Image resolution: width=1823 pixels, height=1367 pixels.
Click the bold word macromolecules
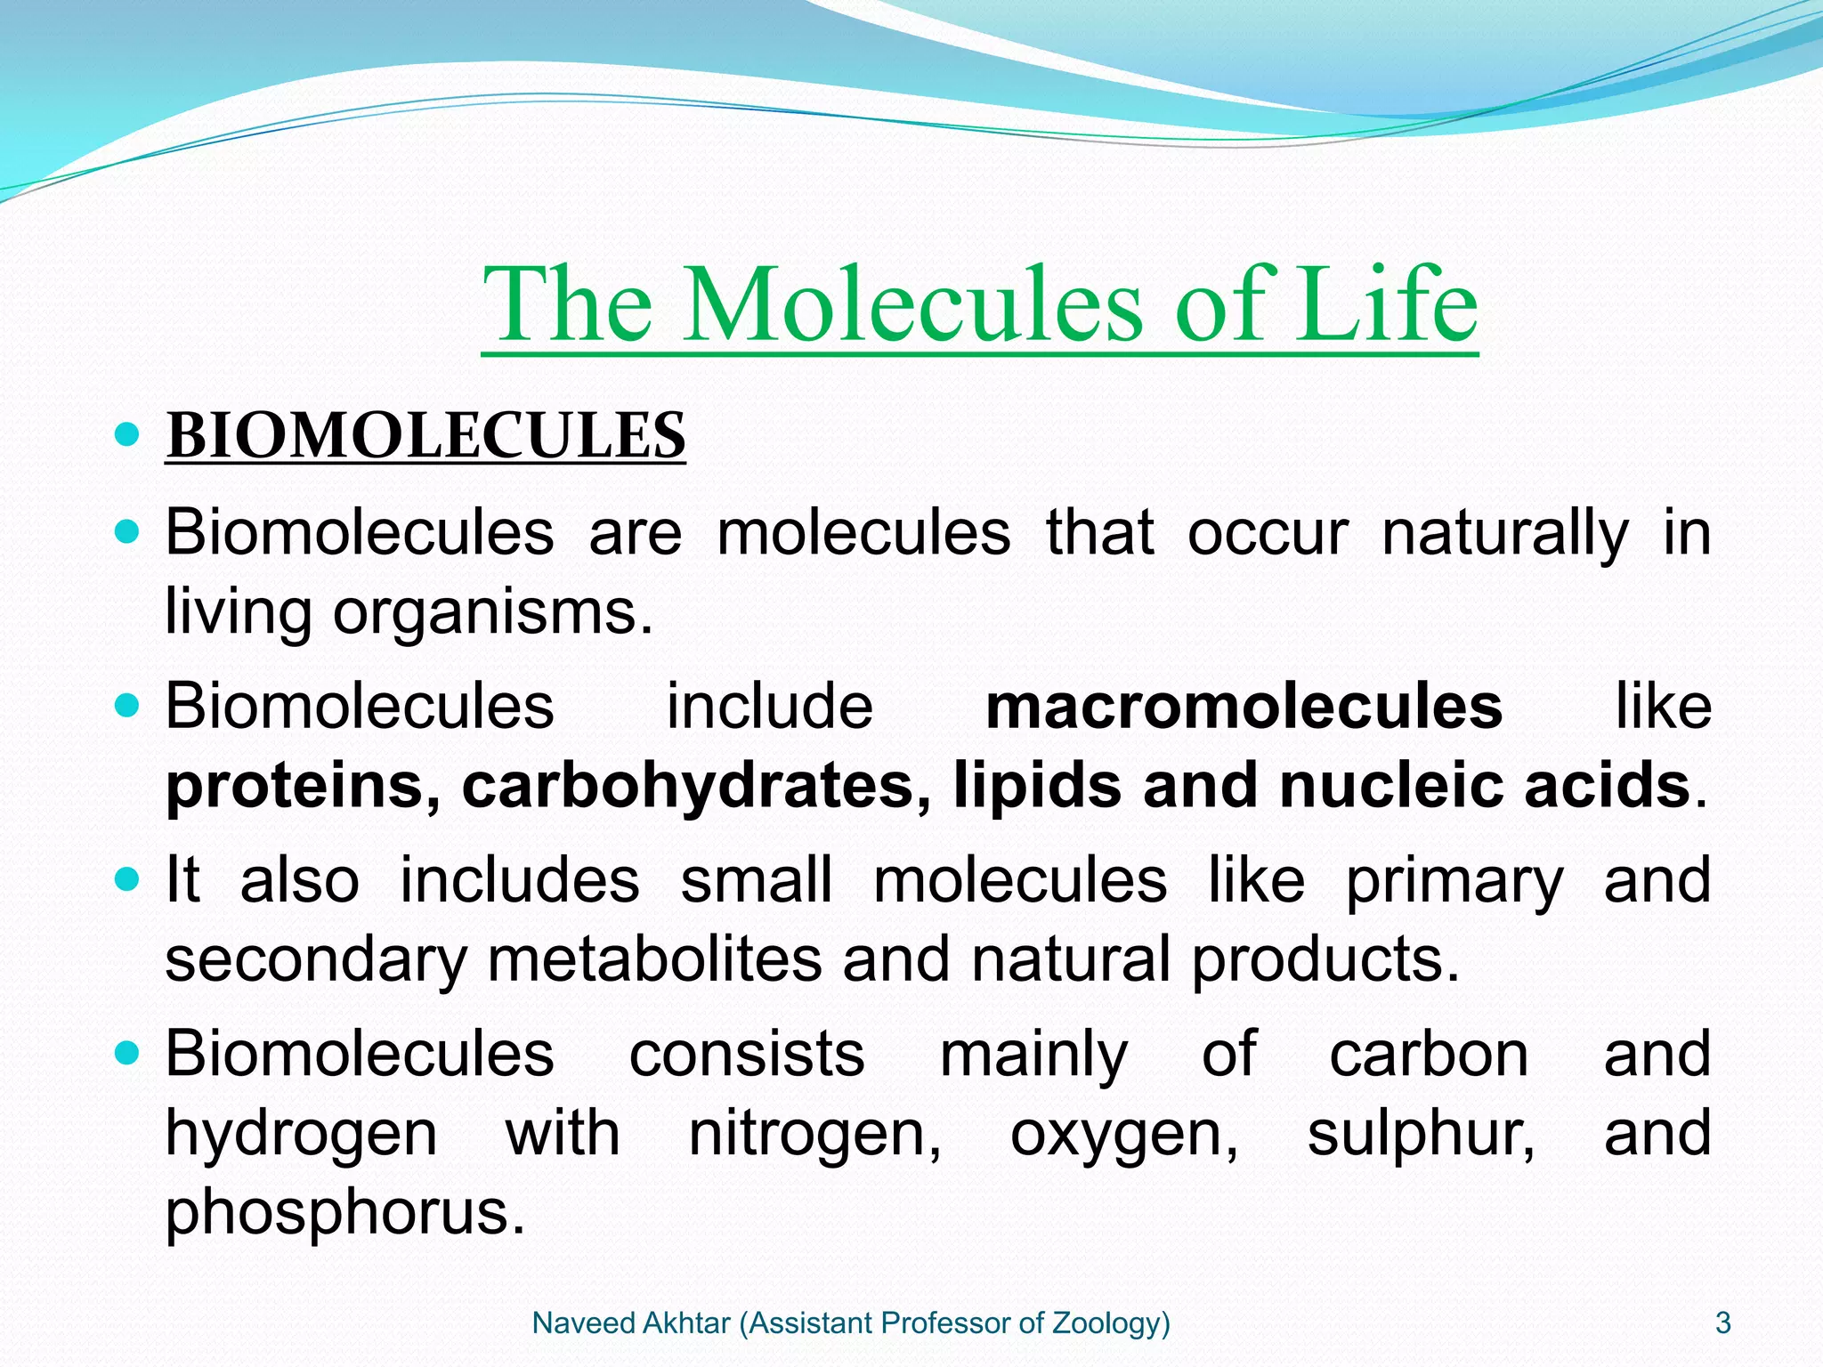(1244, 707)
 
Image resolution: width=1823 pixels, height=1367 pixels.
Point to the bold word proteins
(303, 787)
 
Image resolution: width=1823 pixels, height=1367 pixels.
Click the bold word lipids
(1038, 785)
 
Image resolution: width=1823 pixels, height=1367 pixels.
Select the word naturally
(1505, 534)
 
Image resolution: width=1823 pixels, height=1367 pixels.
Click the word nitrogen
(814, 1135)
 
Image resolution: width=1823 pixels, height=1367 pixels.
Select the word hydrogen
(301, 1135)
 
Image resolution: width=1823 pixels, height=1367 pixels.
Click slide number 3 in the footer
(1723, 1323)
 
